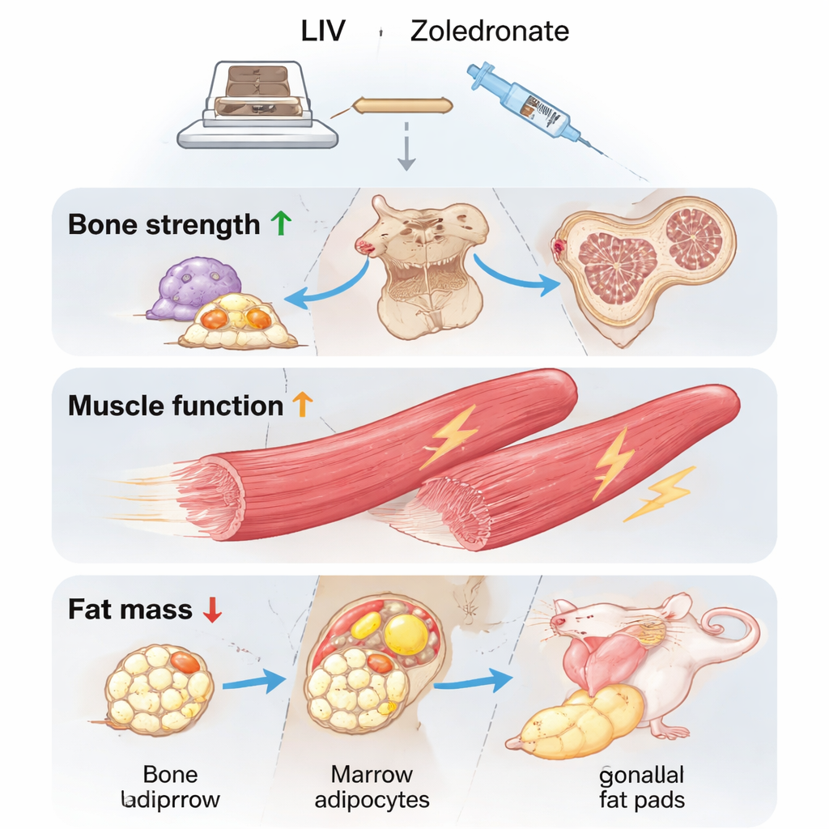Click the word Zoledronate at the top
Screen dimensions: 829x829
click(x=489, y=32)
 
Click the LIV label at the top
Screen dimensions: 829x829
click(x=324, y=32)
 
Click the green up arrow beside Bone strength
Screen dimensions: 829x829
click(x=279, y=224)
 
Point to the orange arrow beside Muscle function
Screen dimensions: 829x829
click(x=302, y=404)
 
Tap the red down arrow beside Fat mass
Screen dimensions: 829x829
click(x=212, y=609)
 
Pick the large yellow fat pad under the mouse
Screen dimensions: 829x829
click(x=583, y=720)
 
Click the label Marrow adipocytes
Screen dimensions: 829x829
click(x=372, y=788)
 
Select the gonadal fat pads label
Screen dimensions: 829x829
click(x=642, y=788)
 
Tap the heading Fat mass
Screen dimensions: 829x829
click(x=130, y=609)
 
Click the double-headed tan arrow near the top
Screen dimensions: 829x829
click(x=400, y=104)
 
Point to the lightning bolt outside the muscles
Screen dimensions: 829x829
click(x=660, y=493)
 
